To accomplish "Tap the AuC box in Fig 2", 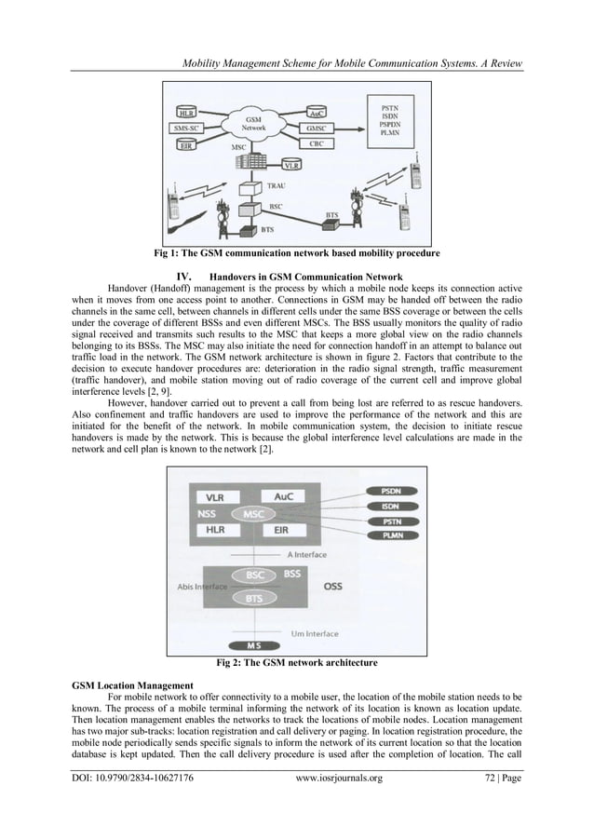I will coord(283,496).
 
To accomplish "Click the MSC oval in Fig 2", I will coord(252,513).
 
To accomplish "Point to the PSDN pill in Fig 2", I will coord(386,489).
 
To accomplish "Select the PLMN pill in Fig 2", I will coord(386,536).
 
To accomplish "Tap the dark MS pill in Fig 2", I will coord(253,644).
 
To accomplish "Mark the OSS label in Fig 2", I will coord(332,587).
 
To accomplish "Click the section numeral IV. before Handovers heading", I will coord(182,277).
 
